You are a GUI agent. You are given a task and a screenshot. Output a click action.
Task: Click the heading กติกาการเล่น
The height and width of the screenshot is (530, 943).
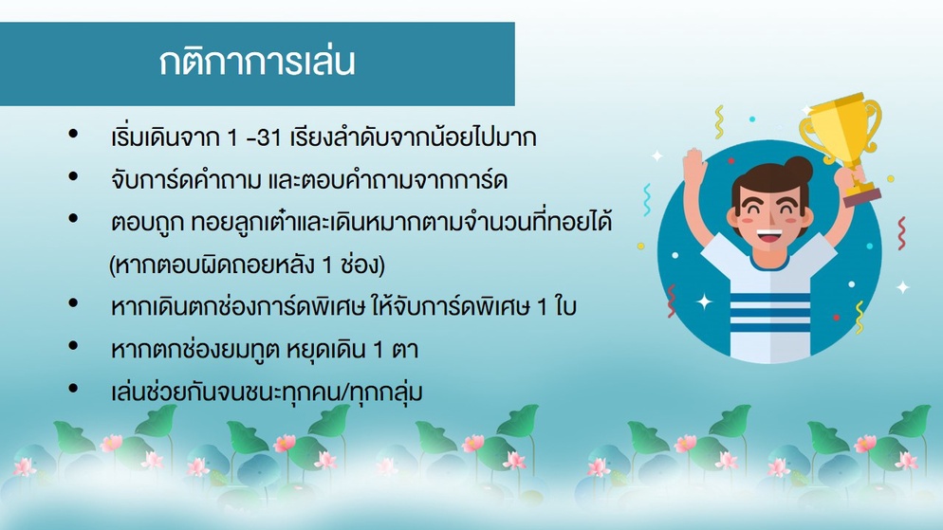coord(257,63)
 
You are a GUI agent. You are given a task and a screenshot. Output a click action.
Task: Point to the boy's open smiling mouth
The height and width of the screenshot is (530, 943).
coord(769,235)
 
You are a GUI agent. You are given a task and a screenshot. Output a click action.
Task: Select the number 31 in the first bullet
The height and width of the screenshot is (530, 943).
coord(268,138)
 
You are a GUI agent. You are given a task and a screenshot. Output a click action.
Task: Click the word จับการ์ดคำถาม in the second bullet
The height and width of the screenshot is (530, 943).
coord(187,180)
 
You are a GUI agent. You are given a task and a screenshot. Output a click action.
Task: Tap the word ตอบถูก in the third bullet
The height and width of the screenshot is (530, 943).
coord(148,224)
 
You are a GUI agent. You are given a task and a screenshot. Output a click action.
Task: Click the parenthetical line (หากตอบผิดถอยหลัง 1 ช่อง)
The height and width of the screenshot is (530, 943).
coord(247,265)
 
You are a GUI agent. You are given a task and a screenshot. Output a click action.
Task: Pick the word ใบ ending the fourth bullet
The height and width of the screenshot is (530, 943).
coord(565,306)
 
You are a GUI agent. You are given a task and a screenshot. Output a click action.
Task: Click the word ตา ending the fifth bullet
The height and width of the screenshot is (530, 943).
coord(405,350)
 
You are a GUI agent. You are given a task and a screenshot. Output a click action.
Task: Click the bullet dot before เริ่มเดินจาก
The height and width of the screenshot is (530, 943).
coord(73,134)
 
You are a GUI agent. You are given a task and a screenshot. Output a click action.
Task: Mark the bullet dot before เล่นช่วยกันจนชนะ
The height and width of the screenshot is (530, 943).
coord(73,389)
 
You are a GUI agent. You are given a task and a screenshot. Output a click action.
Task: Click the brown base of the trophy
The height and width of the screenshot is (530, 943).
coord(861,196)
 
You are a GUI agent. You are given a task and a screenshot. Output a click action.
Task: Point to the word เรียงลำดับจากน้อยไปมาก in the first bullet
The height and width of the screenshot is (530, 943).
coord(413,138)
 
